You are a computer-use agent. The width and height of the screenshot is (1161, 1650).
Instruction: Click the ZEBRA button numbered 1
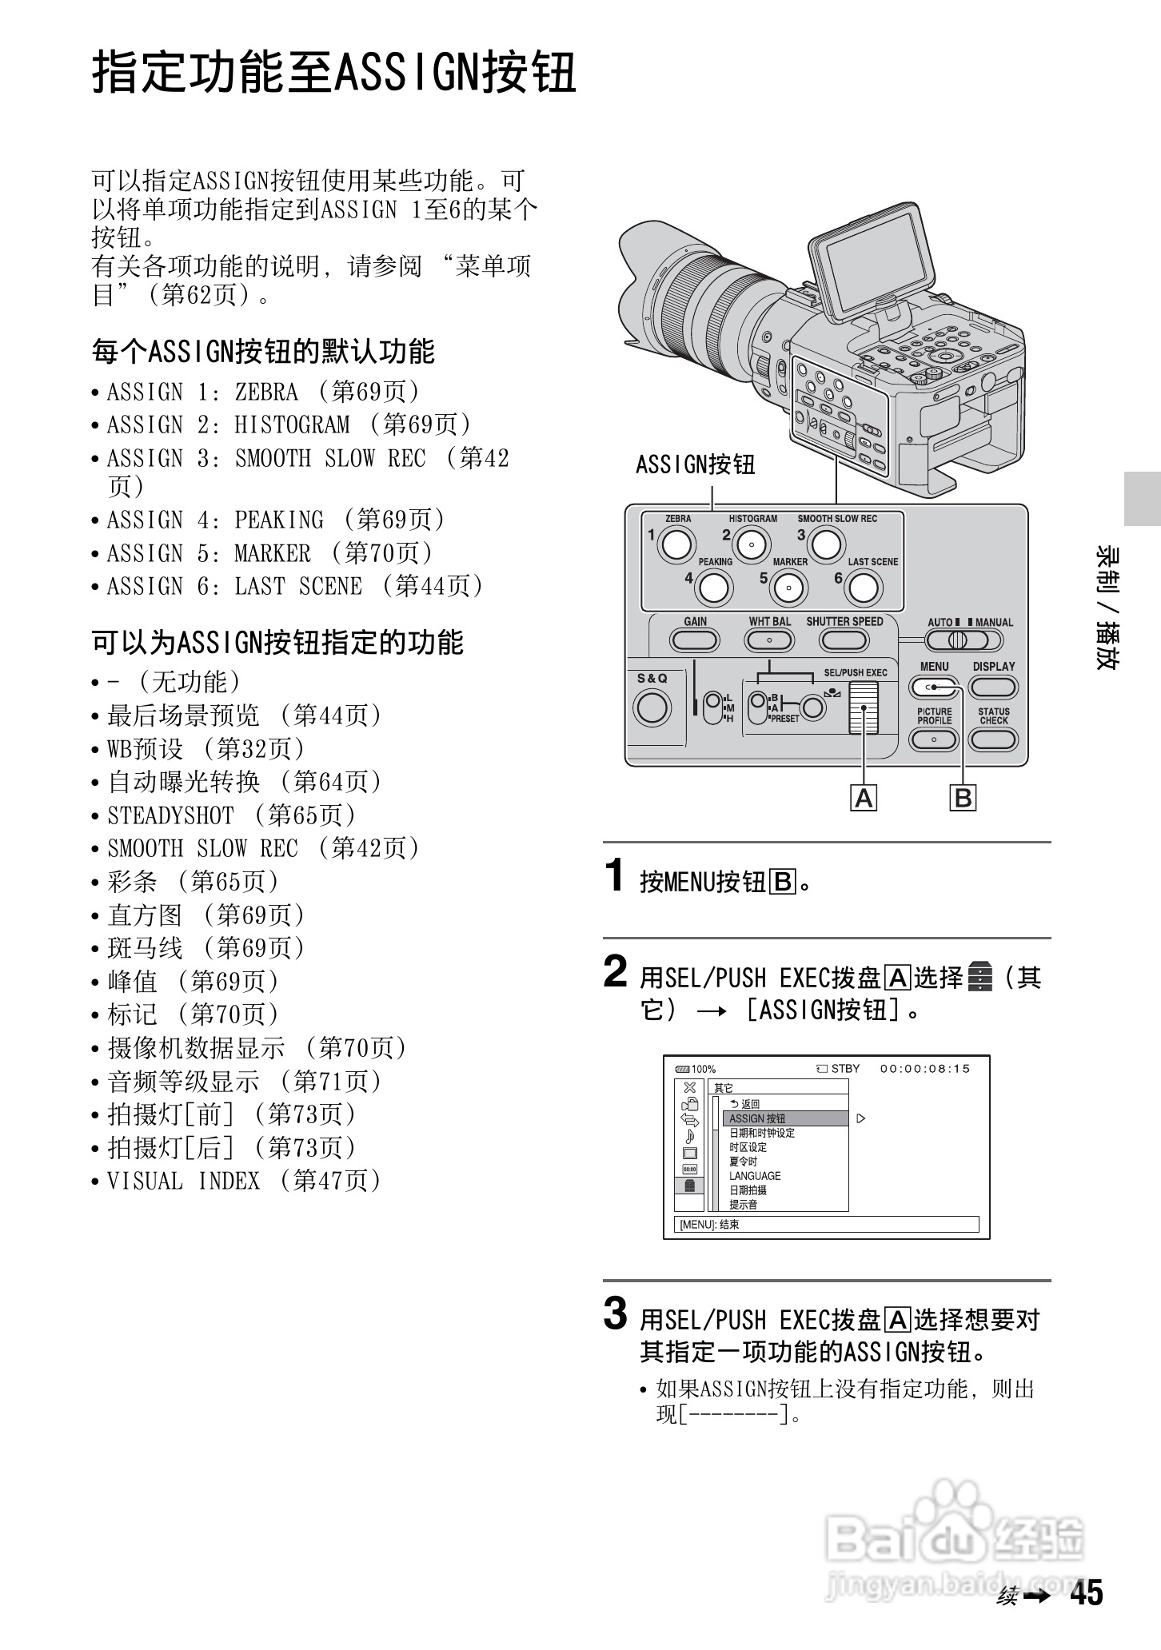(676, 544)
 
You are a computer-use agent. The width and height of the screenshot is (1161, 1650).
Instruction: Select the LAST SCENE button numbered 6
(862, 588)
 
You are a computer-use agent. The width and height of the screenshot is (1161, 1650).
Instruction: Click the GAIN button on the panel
(694, 640)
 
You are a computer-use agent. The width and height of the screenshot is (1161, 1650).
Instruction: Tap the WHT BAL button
(769, 640)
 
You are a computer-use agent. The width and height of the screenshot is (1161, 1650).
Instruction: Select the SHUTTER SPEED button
(844, 640)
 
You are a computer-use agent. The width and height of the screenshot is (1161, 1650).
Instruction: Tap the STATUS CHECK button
(993, 739)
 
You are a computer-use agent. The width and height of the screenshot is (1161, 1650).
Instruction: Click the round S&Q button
(652, 707)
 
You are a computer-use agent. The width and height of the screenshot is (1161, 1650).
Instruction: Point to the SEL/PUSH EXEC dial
(863, 708)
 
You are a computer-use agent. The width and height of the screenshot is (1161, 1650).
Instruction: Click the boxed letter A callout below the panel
(864, 798)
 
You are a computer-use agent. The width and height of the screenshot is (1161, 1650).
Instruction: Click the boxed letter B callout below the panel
(964, 798)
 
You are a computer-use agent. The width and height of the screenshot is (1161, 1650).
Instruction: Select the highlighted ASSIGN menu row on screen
(784, 1118)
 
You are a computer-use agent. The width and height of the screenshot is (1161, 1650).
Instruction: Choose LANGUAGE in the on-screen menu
(755, 1176)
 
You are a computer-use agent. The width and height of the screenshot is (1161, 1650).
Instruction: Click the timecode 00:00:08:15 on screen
(924, 1069)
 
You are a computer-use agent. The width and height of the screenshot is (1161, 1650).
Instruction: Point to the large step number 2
(615, 973)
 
